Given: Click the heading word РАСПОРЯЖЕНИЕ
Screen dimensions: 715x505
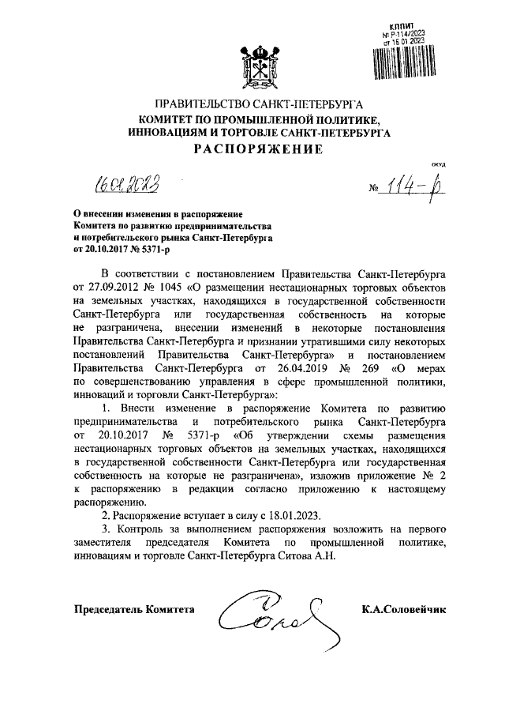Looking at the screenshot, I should (252, 150).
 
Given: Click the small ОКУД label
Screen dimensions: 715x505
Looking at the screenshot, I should (438, 163).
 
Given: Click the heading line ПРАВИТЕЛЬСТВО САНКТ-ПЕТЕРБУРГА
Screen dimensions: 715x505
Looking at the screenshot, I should (252, 104).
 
